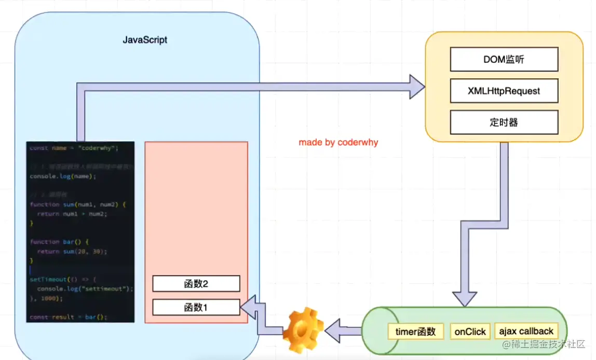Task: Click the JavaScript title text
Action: coord(145,40)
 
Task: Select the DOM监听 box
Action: coord(504,60)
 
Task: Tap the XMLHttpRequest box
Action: coord(504,91)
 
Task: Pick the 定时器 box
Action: coord(504,122)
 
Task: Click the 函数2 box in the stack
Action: coord(196,284)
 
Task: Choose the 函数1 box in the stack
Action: coord(196,308)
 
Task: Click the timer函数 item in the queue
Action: coord(415,331)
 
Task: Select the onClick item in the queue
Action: coord(470,331)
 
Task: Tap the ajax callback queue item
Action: coord(526,331)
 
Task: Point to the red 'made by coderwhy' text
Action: coord(338,142)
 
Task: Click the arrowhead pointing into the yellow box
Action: coord(416,87)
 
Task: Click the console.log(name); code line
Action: coord(63,176)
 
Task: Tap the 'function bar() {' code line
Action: coord(60,242)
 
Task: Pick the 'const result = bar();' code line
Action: coord(68,317)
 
